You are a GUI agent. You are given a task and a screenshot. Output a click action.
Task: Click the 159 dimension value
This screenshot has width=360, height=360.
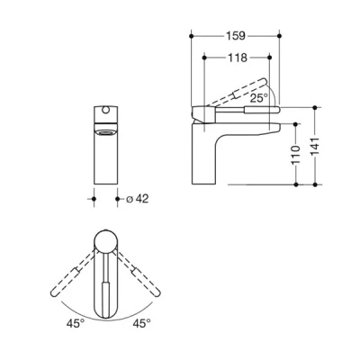[236, 38]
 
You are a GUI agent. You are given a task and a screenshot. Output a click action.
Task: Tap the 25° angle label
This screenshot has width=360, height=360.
[260, 98]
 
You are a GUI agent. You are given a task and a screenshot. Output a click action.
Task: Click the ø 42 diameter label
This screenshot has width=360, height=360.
[137, 199]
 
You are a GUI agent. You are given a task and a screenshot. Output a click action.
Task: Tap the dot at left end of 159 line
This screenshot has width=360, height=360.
[192, 38]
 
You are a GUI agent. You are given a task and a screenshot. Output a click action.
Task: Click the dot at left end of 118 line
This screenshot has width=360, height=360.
[206, 58]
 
